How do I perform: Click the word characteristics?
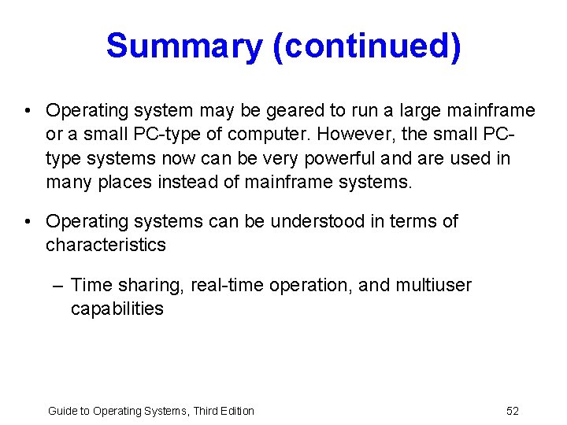(x=106, y=245)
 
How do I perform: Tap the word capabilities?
(x=117, y=309)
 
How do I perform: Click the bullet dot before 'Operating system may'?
(x=28, y=111)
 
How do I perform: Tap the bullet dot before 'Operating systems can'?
(x=28, y=221)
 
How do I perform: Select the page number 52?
(x=513, y=411)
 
